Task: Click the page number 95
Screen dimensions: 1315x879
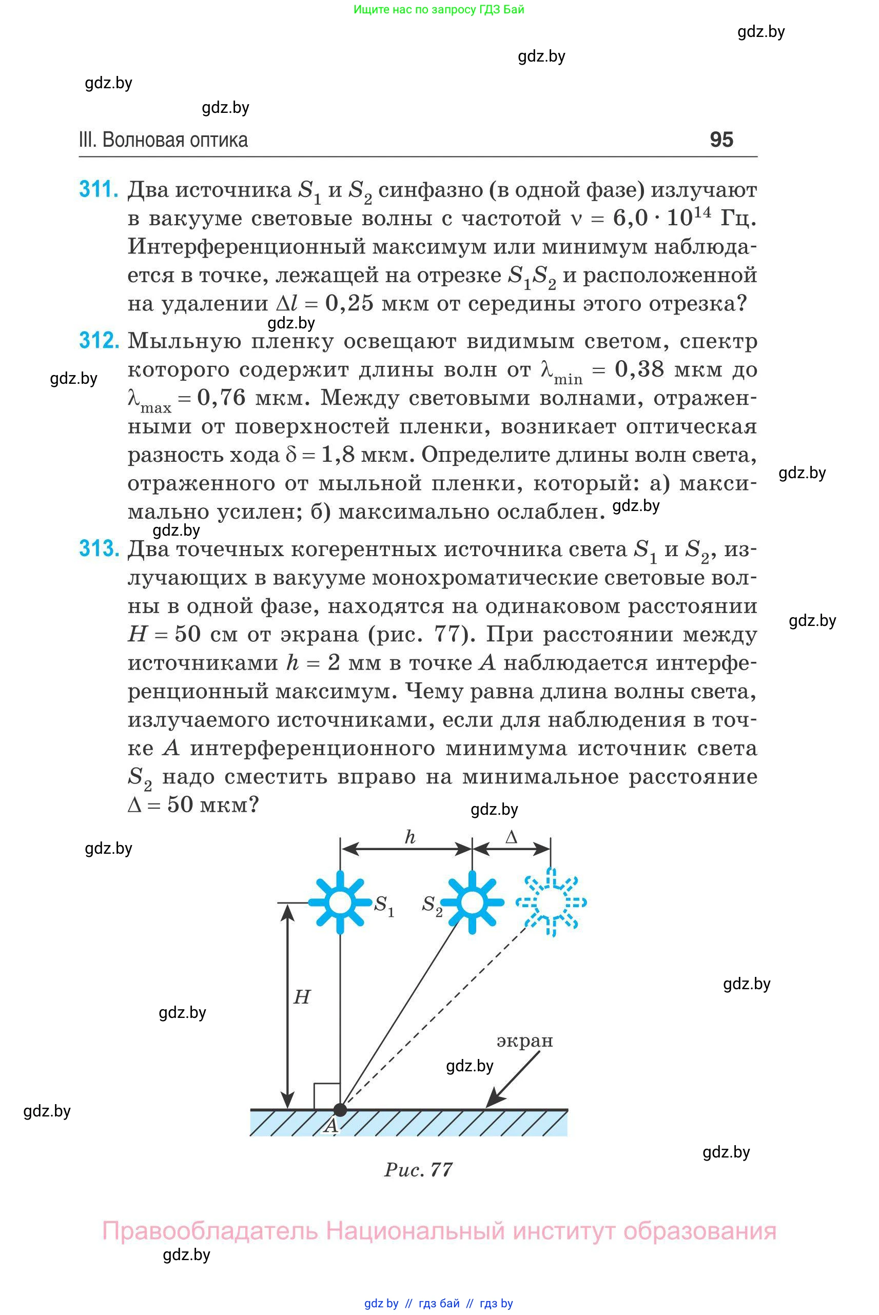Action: tap(721, 140)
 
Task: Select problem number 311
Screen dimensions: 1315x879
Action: tap(99, 189)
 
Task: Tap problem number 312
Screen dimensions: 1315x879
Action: tap(99, 340)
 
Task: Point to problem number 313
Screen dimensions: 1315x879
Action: tap(99, 548)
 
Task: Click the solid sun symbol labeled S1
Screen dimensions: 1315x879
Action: tap(340, 902)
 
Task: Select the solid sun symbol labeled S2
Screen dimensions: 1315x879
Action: tap(472, 902)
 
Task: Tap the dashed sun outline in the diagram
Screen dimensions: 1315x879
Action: tap(551, 902)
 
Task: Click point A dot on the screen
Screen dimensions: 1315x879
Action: tap(340, 1109)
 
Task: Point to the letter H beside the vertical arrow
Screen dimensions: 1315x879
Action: tap(302, 996)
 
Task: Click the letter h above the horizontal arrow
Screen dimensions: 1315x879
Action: tap(410, 837)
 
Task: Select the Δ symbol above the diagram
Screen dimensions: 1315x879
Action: tap(511, 837)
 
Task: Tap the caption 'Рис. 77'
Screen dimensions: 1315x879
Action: tap(418, 1170)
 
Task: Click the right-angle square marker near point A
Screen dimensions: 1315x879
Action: tap(327, 1096)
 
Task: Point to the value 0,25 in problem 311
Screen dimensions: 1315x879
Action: tap(349, 303)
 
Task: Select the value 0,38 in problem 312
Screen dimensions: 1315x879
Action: tap(639, 369)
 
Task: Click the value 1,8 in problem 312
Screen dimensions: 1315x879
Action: tap(338, 454)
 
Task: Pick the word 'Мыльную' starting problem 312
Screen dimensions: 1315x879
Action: tap(184, 340)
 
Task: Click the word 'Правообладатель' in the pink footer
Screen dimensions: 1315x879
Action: tap(210, 1231)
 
